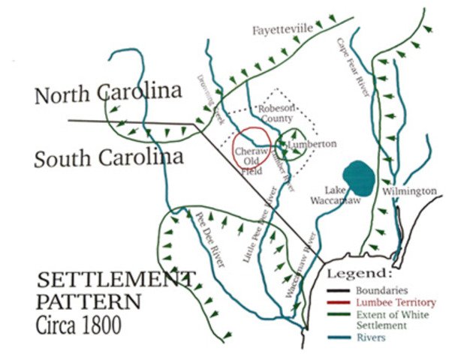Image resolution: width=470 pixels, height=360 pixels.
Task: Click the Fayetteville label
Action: pyautogui.click(x=282, y=29)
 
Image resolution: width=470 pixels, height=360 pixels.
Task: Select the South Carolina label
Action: pyautogui.click(x=110, y=159)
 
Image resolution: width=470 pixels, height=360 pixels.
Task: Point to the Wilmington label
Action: pyautogui.click(x=409, y=191)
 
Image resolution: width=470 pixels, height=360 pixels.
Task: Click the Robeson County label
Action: pyautogui.click(x=276, y=114)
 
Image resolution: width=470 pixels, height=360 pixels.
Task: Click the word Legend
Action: pyautogui.click(x=360, y=272)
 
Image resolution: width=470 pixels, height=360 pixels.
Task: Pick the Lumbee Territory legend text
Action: pyautogui.click(x=397, y=301)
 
